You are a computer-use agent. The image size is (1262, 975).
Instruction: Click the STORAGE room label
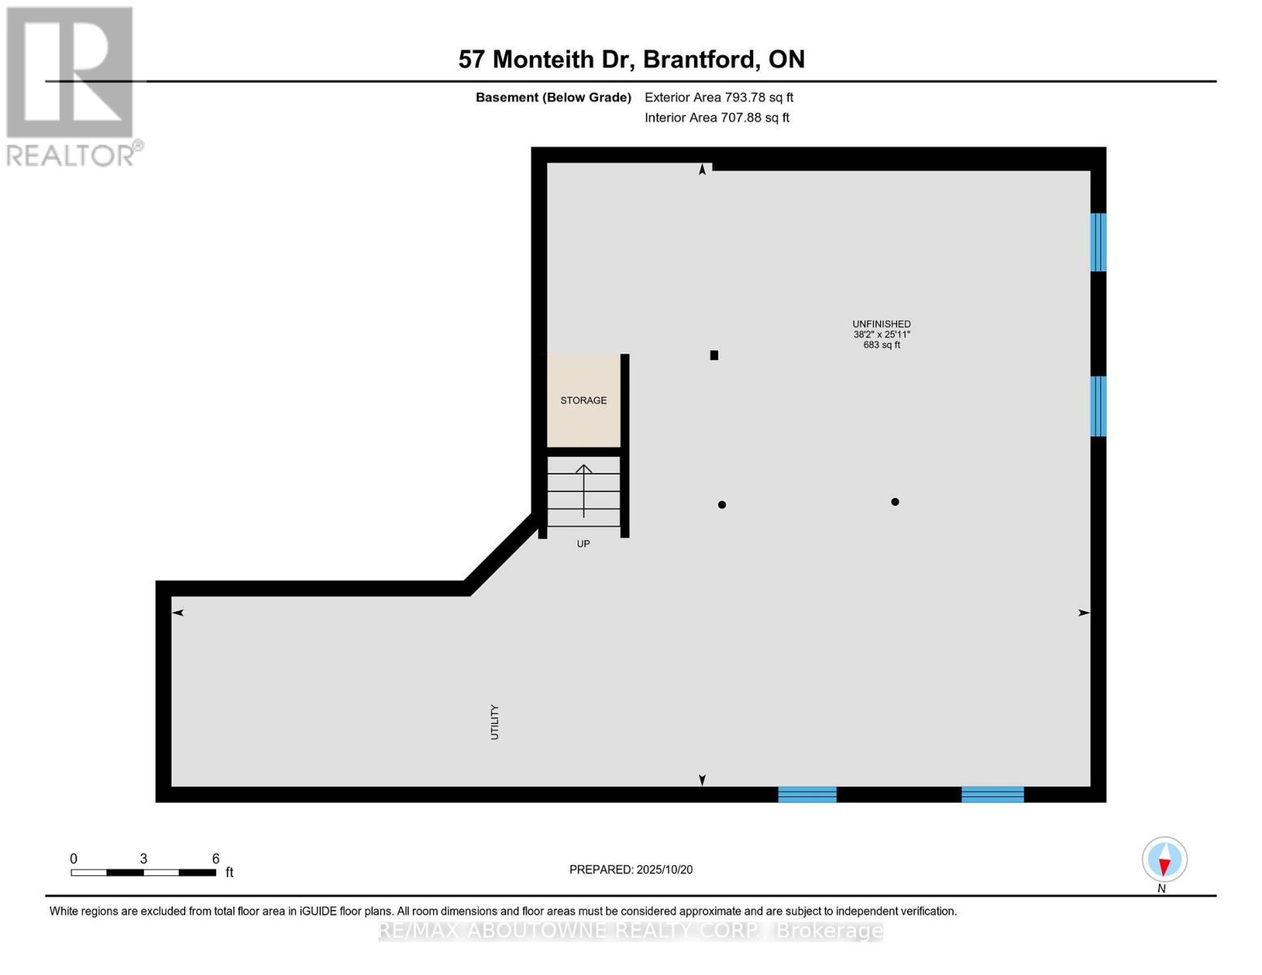[583, 401]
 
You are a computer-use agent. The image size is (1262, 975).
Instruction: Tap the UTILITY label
[494, 722]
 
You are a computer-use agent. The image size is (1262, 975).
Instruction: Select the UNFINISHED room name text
[882, 324]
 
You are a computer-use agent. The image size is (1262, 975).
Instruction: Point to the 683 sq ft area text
[882, 345]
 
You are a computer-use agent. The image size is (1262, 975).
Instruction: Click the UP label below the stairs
[583, 544]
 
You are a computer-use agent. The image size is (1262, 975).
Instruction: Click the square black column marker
[714, 355]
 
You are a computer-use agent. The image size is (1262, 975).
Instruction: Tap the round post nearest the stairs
[722, 505]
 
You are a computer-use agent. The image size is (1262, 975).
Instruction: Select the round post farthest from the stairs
[895, 502]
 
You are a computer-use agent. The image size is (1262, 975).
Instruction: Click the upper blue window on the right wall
[1098, 242]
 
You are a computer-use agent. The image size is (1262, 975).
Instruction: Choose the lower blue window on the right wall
[1098, 406]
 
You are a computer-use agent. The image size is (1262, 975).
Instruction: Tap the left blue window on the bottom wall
[807, 795]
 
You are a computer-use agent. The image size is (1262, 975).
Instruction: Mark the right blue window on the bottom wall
[992, 795]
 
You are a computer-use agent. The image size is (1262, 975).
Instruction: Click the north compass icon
[1164, 860]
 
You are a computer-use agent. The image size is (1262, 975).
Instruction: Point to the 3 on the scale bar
[143, 859]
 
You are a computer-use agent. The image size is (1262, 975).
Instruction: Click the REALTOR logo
[71, 85]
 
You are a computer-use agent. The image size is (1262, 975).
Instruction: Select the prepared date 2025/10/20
[665, 870]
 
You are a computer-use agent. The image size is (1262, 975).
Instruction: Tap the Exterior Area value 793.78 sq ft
[758, 97]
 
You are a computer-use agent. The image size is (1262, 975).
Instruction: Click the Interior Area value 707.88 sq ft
[756, 118]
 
